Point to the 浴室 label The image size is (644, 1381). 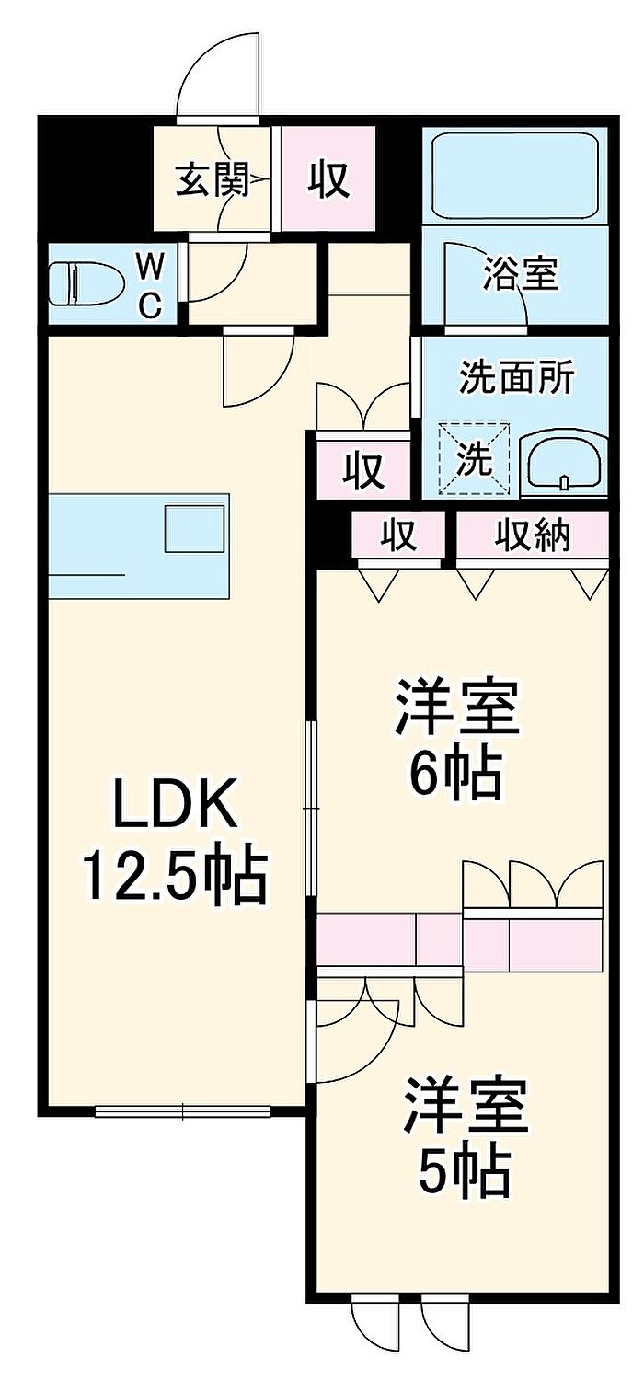click(x=521, y=274)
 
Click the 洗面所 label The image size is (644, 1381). click(x=517, y=377)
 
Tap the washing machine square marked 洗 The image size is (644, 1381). click(x=475, y=458)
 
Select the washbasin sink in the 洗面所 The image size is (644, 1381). click(x=563, y=463)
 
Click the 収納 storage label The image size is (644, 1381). click(x=534, y=535)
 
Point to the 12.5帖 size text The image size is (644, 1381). click(x=175, y=876)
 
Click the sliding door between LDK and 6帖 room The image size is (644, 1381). click(x=311, y=810)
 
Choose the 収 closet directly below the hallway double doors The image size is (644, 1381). click(x=363, y=471)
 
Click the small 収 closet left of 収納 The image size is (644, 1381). click(x=399, y=535)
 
